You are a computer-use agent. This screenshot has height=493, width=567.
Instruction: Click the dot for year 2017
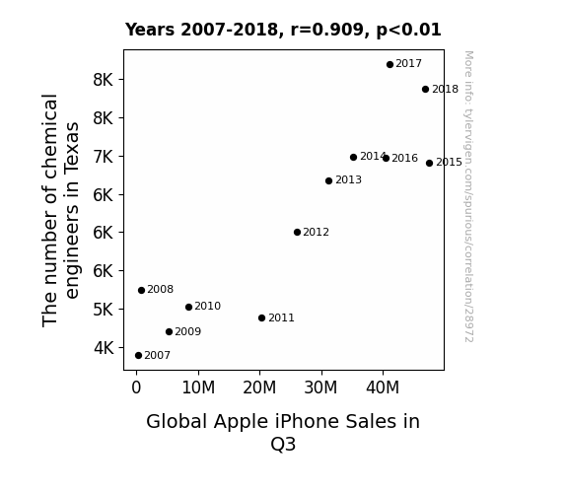coord(390,65)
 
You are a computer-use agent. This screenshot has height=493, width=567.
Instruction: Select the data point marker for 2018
coord(425,90)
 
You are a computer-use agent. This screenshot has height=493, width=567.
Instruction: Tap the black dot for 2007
coord(138,356)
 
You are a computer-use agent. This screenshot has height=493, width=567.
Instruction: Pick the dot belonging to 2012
coord(297,233)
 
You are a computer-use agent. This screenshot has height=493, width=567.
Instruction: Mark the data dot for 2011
coord(261,317)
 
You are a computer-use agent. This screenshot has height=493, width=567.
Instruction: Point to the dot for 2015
coord(429,163)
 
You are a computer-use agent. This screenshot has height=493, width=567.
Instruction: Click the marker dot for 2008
coord(141,291)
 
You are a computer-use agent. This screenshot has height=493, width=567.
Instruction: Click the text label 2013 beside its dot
coord(348,179)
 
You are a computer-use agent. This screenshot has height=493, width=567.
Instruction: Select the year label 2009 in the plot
coord(187,331)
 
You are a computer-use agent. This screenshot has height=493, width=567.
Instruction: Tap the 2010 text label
coord(207,306)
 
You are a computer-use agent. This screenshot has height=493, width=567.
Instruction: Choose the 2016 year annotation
coord(404,158)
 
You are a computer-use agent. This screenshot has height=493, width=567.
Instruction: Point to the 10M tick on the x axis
coord(198,387)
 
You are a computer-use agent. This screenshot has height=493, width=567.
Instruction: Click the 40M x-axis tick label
coord(383,387)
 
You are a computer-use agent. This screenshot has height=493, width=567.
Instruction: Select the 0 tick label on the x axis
coord(136,387)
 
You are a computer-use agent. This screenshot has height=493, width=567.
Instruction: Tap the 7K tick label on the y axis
coord(104,157)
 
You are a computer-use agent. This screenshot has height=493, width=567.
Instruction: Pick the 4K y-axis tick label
coord(104,348)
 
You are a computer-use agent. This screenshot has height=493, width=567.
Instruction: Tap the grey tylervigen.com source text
coord(468,196)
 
